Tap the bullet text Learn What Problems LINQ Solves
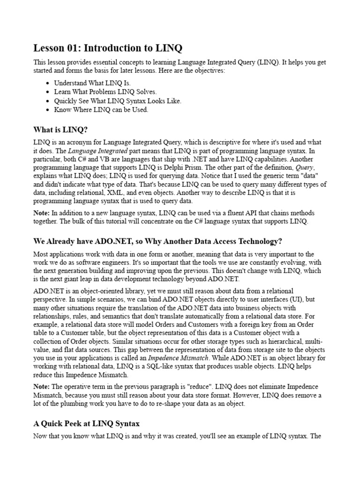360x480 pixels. point(105,91)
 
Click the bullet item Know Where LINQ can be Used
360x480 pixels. point(101,110)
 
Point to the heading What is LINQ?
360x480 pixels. point(60,129)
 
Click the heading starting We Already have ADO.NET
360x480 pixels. point(157,241)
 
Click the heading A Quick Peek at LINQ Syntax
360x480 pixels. point(86,423)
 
